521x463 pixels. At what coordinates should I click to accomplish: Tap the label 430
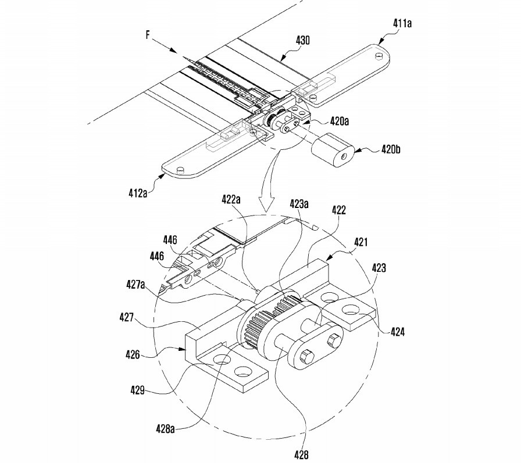pyautogui.click(x=302, y=41)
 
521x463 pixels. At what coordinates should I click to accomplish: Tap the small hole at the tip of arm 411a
pyautogui.click(x=379, y=56)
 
